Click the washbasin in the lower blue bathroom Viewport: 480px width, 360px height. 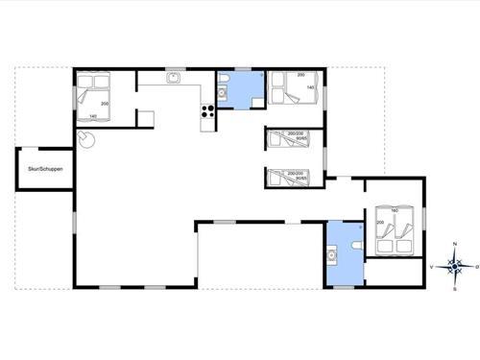[331, 255]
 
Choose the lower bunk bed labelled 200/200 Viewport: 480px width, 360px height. [286, 176]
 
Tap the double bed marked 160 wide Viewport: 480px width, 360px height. [394, 228]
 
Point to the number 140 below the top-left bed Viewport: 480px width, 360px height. [92, 116]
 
